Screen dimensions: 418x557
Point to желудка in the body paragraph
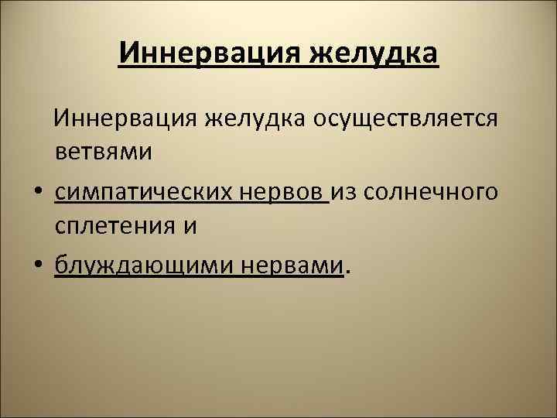pos(255,121)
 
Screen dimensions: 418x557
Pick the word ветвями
pos(104,152)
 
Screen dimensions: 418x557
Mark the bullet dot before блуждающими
pos(37,266)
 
